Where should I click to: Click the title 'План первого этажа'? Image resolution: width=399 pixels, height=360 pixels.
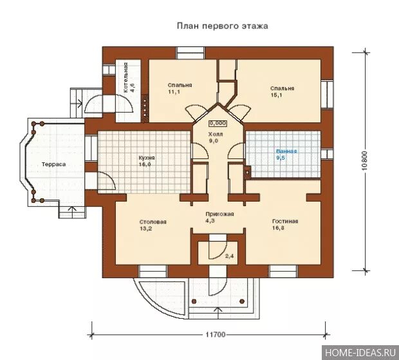pos(223,26)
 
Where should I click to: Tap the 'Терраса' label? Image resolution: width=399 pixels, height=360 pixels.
pos(53,164)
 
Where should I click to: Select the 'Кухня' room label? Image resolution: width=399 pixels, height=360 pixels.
pos(147,158)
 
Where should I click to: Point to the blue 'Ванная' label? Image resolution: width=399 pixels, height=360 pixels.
pos(286,151)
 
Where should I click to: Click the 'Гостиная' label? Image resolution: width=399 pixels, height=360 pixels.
pos(285,221)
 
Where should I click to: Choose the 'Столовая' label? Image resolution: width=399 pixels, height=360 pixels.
pos(153,222)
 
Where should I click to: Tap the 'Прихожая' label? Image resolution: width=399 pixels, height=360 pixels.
pos(219,214)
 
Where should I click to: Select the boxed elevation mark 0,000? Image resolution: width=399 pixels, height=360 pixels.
pos(218,124)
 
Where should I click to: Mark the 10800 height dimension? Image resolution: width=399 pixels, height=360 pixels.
pos(365,161)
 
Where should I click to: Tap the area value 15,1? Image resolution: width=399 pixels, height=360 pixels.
pos(276,95)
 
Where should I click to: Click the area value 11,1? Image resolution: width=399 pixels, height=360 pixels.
pos(174,92)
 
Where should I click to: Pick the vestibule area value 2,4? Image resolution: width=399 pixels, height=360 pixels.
pos(229,256)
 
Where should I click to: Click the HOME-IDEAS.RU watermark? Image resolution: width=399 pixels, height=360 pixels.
pos(360,353)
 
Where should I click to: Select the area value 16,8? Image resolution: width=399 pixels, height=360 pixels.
pos(278,228)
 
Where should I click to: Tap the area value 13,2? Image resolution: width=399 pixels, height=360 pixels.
pos(146,229)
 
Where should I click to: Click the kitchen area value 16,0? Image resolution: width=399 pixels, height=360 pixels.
pos(145,164)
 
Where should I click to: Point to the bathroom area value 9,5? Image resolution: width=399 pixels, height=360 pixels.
pos(281,158)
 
